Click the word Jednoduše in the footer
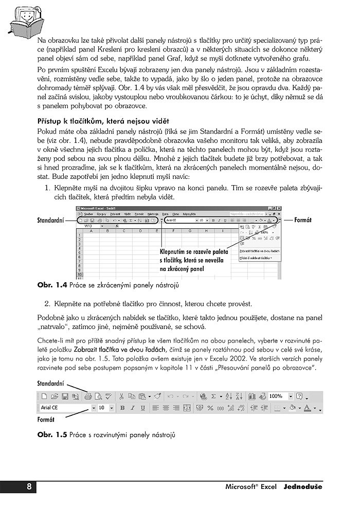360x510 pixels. tap(303, 487)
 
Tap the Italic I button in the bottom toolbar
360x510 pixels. tap(132, 408)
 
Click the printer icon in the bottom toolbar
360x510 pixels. tap(88, 396)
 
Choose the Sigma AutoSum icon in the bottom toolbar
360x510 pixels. tap(214, 396)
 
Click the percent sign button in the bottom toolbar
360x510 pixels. tap(210, 408)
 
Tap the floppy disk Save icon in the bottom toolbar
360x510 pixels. tap(65, 396)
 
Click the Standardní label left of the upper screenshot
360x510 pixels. tap(50, 220)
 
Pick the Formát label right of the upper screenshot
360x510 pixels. tap(303, 220)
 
